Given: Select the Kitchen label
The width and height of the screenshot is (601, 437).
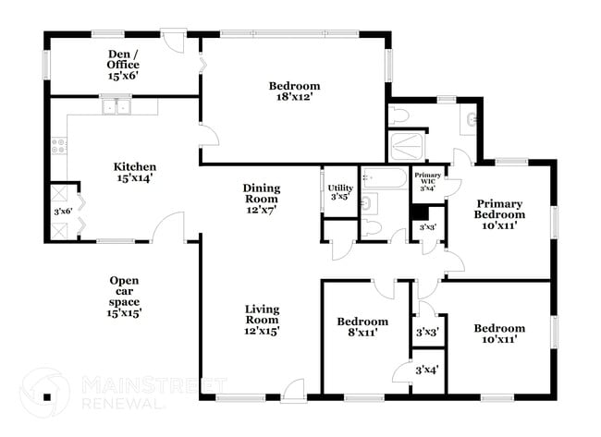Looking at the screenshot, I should click(x=134, y=167).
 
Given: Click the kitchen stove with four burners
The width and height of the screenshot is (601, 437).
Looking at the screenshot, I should click(x=58, y=145).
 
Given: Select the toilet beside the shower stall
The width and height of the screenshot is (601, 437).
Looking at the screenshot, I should click(x=400, y=115).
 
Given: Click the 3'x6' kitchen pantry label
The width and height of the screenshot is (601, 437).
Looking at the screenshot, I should click(x=62, y=212).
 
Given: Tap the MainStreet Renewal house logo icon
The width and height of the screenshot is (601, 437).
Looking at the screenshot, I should click(x=43, y=395).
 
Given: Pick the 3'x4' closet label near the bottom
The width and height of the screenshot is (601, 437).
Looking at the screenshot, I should click(x=427, y=370).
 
